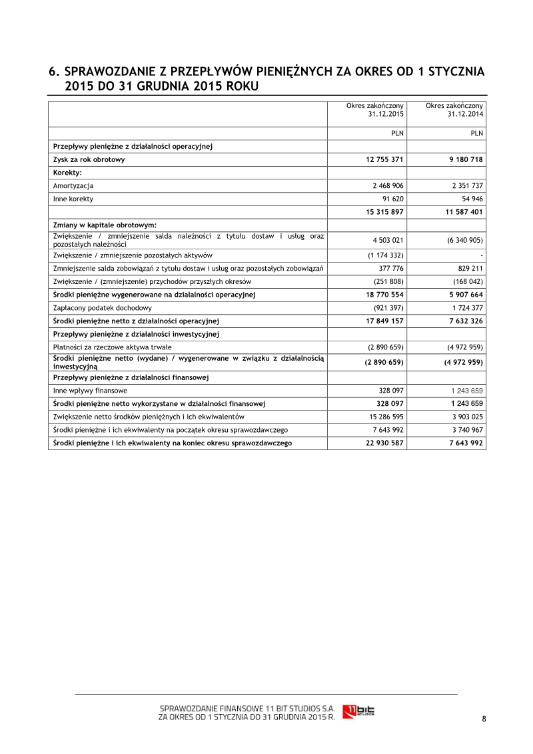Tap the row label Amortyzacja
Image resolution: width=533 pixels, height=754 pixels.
pyautogui.click(x=73, y=186)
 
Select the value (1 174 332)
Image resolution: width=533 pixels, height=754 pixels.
pyautogui.click(x=386, y=255)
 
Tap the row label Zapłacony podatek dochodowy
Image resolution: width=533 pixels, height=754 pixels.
pyautogui.click(x=103, y=307)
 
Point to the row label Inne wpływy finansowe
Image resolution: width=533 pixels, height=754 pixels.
pyautogui.click(x=90, y=390)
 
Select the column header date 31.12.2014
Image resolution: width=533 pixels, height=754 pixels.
pyautogui.click(x=466, y=114)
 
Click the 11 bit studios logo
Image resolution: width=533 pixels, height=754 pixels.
pyautogui.click(x=358, y=711)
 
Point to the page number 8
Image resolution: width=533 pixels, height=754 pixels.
pyautogui.click(x=484, y=718)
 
